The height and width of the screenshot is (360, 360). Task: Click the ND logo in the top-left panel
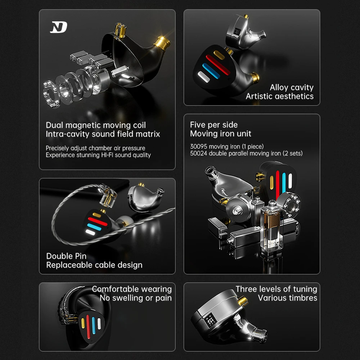tap(58, 27)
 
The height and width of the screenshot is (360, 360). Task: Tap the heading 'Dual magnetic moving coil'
tap(96, 125)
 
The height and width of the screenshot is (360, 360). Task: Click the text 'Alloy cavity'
tap(292, 87)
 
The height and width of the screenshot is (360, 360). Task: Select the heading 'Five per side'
tap(214, 125)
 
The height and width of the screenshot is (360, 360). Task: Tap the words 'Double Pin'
tap(66, 256)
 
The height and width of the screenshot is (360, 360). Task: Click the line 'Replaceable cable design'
tap(94, 265)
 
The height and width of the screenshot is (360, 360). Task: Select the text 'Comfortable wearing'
tap(132, 289)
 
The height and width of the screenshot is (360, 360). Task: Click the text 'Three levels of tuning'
tap(276, 289)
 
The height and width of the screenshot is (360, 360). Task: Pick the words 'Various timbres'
tap(287, 298)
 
